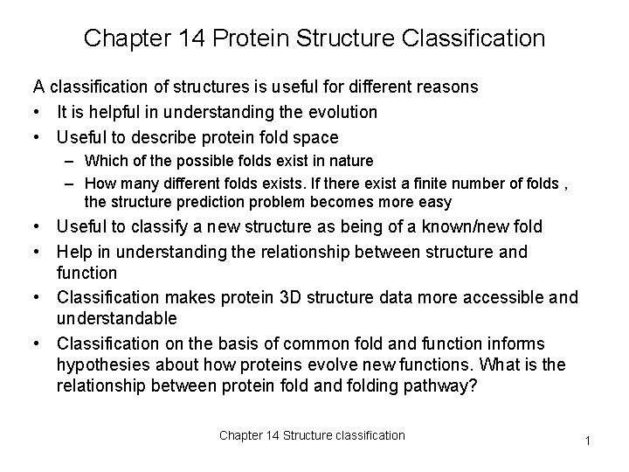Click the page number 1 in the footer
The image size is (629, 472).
point(589,441)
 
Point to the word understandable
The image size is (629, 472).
point(116,318)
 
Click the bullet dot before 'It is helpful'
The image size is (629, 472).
point(38,112)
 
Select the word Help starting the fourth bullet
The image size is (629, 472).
point(74,253)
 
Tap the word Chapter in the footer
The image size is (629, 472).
point(239,435)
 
